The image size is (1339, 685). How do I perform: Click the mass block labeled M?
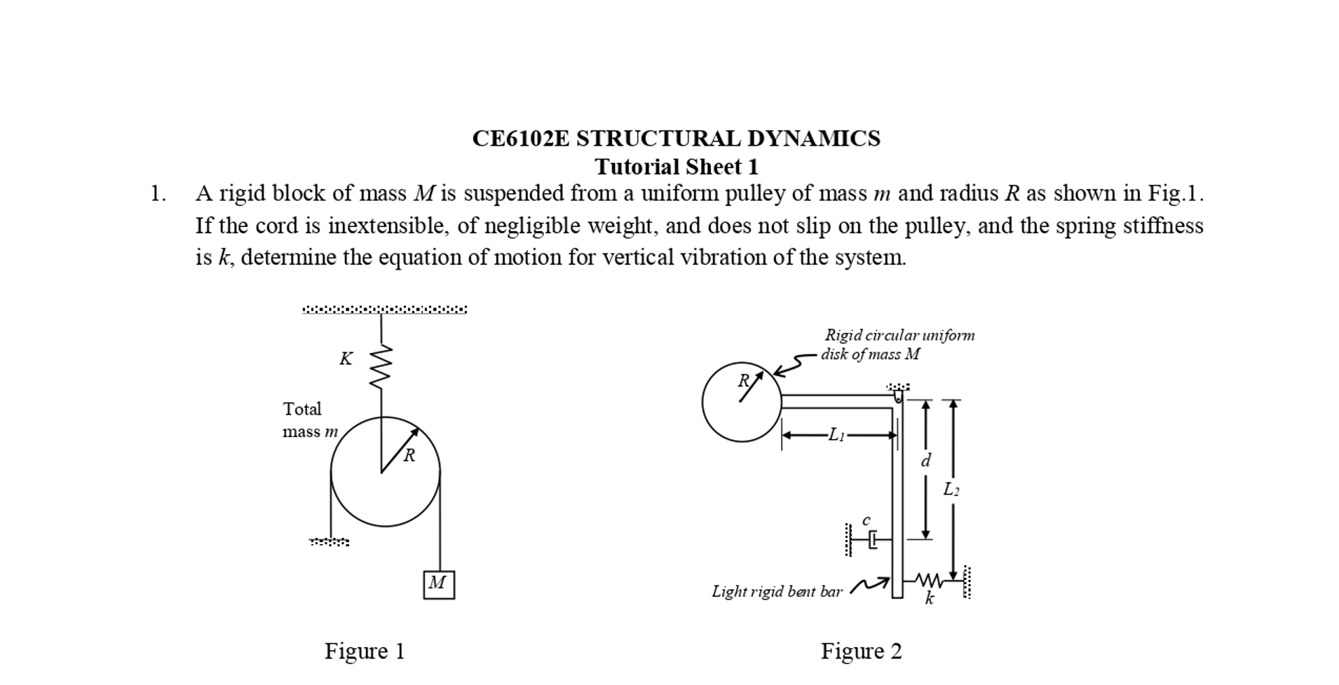[438, 584]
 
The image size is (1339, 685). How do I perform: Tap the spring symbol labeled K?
[381, 366]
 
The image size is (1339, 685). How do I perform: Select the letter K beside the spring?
[346, 359]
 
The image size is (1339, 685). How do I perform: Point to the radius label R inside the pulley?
[409, 455]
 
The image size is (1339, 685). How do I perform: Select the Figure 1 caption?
[364, 651]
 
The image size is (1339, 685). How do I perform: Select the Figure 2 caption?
[861, 651]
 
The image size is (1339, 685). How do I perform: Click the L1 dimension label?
[836, 435]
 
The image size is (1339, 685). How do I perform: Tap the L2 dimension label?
[951, 489]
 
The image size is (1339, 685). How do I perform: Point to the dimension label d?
[925, 460]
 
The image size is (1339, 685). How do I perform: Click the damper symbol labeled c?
[871, 540]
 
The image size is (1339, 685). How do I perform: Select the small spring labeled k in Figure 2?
[930, 580]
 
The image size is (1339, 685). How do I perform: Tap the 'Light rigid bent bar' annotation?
[776, 591]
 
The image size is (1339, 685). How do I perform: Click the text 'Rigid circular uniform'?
[899, 335]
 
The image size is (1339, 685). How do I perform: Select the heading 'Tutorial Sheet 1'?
[676, 167]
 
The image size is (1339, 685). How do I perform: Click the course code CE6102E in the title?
[520, 138]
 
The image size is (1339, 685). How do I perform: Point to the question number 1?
[158, 193]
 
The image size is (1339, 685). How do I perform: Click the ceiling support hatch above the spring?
[384, 309]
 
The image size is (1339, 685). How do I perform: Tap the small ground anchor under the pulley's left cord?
[329, 541]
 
